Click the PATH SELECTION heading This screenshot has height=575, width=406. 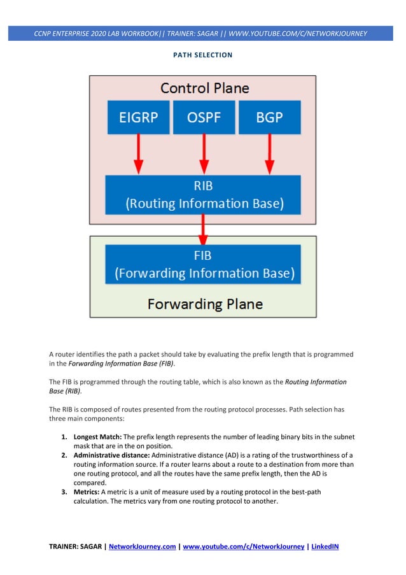pos(203,55)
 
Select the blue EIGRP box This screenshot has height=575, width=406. pos(138,117)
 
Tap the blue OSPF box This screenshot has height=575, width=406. pos(204,117)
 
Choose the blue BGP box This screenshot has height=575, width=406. pos(269,117)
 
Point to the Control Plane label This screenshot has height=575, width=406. pos(204,88)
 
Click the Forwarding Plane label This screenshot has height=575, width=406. pos(204,304)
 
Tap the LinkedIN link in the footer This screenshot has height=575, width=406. pos(324,546)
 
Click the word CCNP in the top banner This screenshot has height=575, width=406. pos(45,33)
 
